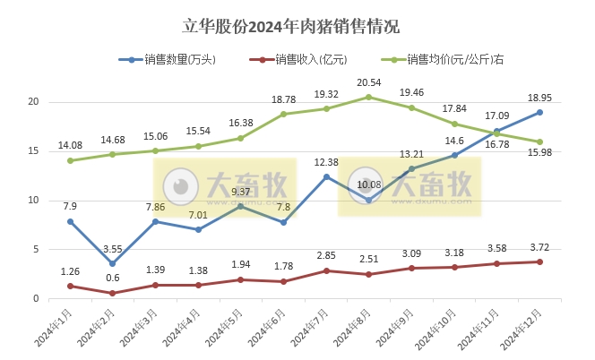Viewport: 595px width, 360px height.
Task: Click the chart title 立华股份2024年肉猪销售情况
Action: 297,26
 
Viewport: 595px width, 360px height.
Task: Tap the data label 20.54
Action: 369,82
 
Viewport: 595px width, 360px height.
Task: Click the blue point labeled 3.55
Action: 112,263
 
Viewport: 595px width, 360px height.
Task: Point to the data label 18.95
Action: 539,98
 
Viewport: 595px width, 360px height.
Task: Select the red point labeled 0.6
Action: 112,293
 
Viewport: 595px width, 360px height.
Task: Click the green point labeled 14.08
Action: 70,160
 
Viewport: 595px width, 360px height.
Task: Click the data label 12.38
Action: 326,161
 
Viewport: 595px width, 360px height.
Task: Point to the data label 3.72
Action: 539,247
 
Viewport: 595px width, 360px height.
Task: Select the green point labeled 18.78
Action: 283,114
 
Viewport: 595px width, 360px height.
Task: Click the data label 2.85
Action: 326,256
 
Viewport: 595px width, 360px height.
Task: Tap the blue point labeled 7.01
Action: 198,229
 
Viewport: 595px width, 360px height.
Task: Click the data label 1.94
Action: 240,265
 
